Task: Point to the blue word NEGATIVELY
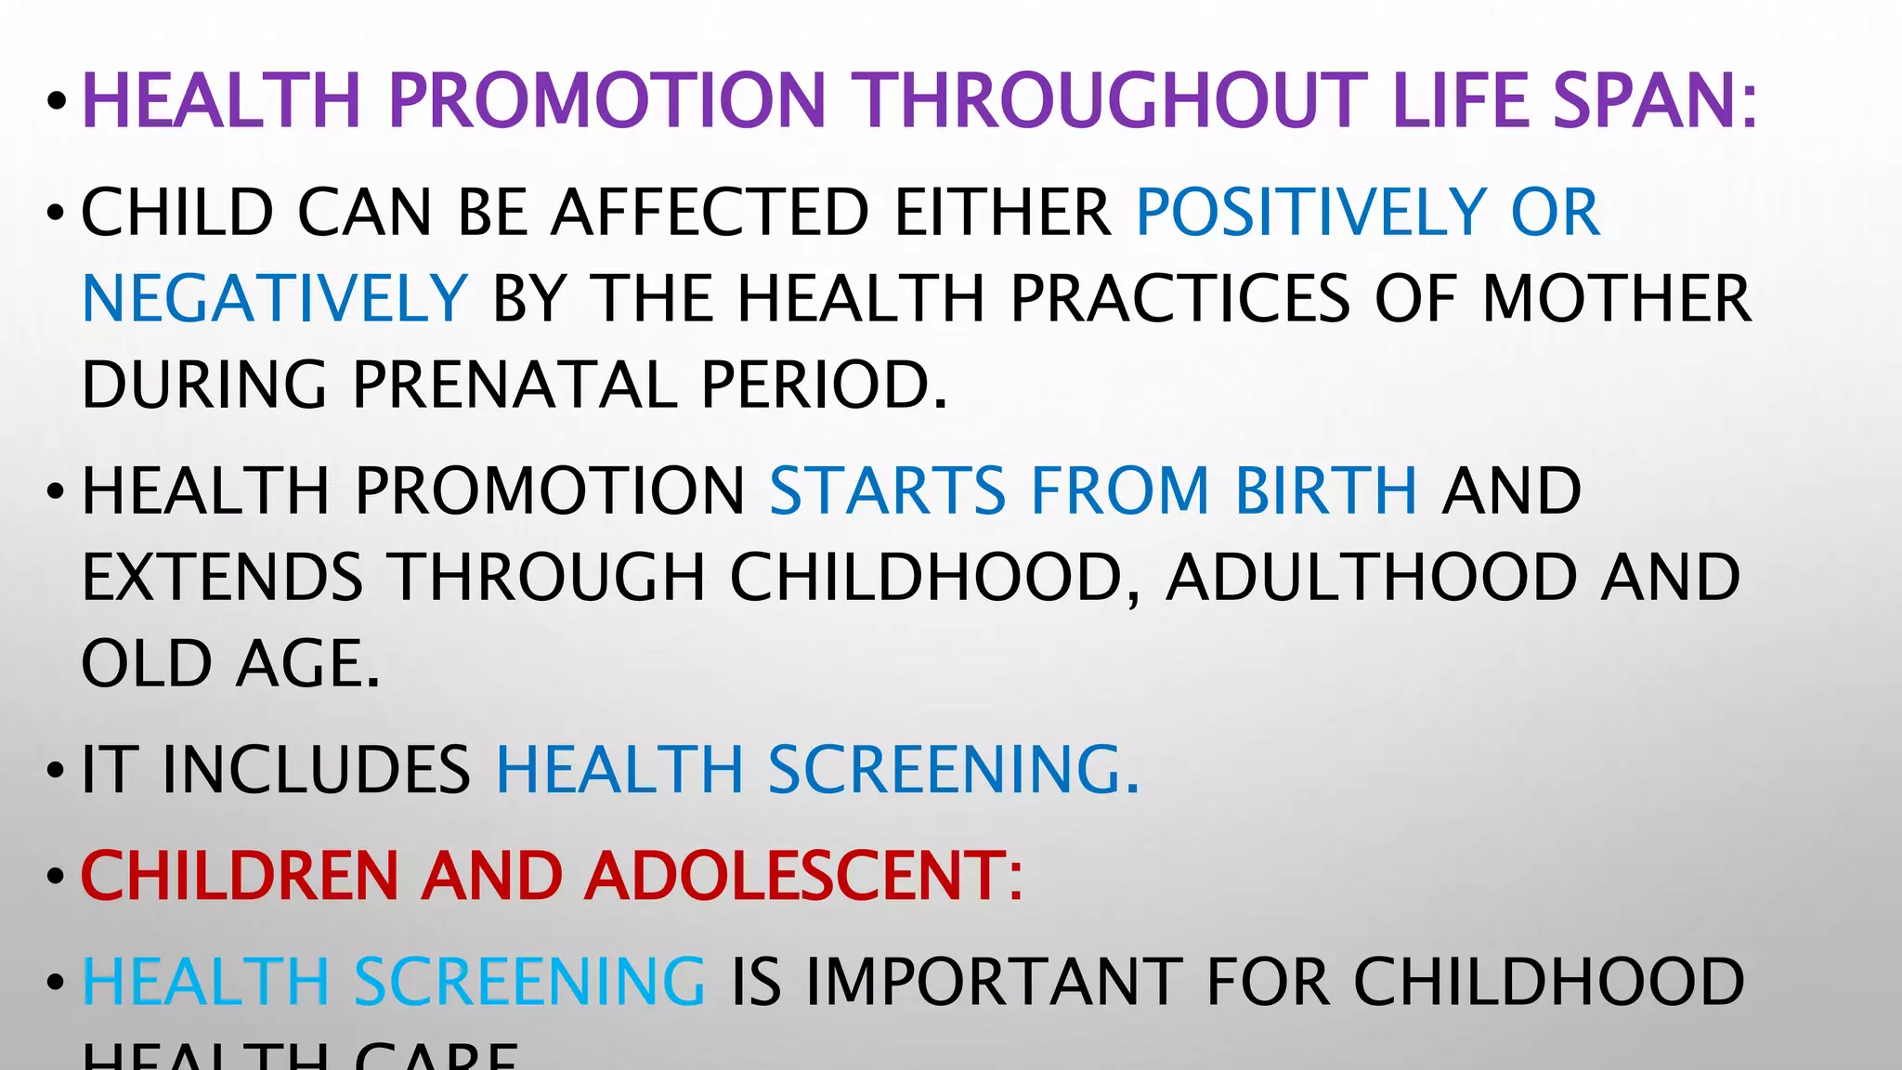[x=275, y=298]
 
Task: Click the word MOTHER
[x=1616, y=298]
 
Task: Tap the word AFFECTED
[x=710, y=213]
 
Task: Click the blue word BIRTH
[x=1325, y=490]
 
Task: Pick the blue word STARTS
[x=888, y=490]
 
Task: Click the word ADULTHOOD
[x=1371, y=577]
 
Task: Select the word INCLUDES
[x=317, y=770]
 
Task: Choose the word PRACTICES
[x=1179, y=298]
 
